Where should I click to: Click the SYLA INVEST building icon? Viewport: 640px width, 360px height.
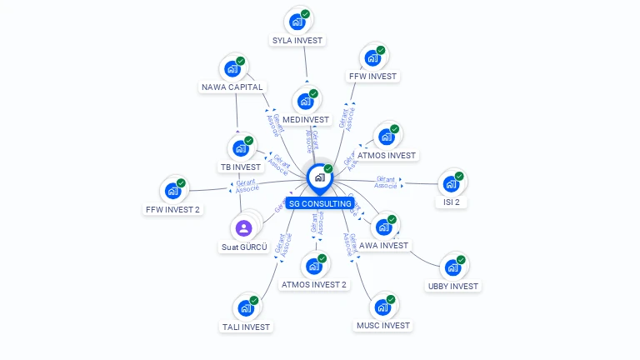pos(297,22)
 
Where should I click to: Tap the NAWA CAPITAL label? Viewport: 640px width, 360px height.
pos(232,87)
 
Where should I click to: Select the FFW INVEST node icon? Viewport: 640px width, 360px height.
pos(372,58)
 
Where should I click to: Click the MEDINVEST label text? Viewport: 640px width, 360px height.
pos(307,119)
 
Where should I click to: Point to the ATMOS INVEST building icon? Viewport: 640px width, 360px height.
pos(386,137)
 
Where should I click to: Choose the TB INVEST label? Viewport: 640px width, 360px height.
pos(241,167)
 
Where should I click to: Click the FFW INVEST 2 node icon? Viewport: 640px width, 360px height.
pos(173,191)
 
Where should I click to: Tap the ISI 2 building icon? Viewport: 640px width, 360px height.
pos(451,183)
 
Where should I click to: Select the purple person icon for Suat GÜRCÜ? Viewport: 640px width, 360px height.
pos(243,227)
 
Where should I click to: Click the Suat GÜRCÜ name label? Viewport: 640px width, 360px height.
pos(244,247)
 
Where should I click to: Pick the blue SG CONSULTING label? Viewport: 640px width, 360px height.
pos(320,203)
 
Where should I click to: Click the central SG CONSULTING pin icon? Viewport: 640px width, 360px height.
pos(319,177)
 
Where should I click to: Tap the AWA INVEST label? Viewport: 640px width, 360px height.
pos(383,245)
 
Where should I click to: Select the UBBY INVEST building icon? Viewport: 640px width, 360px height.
pos(452,267)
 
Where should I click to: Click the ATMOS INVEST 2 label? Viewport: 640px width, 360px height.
pos(313,284)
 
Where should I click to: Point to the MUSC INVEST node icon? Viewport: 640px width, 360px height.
pos(382,307)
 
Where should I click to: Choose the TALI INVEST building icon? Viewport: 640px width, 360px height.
pos(246,308)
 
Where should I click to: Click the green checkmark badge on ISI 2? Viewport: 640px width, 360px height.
pos(459,177)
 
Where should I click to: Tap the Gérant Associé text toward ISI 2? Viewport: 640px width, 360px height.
pos(386,182)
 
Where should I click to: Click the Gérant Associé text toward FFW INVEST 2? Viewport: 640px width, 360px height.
pos(247,186)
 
